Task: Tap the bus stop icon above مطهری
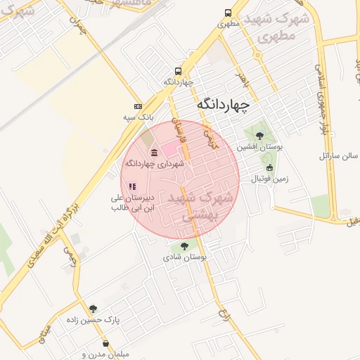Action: click(228, 13)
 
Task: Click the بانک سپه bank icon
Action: click(138, 105)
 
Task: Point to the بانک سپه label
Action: click(137, 116)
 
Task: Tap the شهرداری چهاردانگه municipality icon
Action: click(154, 153)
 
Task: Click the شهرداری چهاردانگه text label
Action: click(154, 164)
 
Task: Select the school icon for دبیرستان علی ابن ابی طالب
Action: click(131, 186)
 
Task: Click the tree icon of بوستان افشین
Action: click(259, 136)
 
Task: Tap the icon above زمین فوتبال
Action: click(270, 167)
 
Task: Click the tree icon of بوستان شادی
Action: click(184, 246)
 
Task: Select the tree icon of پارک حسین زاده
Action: click(93, 308)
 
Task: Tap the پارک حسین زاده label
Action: click(116, 319)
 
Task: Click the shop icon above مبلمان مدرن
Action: click(105, 344)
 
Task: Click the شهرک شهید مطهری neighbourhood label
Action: click(283, 27)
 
